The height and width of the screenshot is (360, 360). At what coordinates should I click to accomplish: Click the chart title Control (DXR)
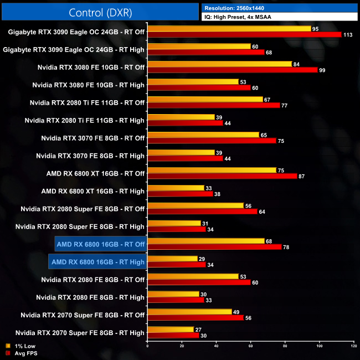100,12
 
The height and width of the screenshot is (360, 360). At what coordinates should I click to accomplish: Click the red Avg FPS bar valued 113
244,34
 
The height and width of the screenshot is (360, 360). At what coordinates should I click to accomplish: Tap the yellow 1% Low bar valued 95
229,28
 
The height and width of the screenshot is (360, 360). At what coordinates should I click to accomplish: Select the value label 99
322,70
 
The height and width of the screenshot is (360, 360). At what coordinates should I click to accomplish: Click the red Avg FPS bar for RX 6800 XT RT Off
222,176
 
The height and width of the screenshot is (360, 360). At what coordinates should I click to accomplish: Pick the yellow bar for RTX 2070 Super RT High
171,330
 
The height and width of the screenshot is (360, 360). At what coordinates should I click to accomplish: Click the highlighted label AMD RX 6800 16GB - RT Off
100,244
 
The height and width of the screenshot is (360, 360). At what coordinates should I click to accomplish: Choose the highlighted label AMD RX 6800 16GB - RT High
97,262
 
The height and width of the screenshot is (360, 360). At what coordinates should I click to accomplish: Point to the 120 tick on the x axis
353,347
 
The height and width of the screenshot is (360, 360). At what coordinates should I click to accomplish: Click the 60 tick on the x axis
250,347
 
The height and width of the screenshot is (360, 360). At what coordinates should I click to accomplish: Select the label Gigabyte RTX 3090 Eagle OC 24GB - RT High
74,49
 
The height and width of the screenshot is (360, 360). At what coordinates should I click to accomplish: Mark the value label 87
301,176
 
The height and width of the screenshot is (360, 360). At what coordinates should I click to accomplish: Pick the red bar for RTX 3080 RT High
199,88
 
